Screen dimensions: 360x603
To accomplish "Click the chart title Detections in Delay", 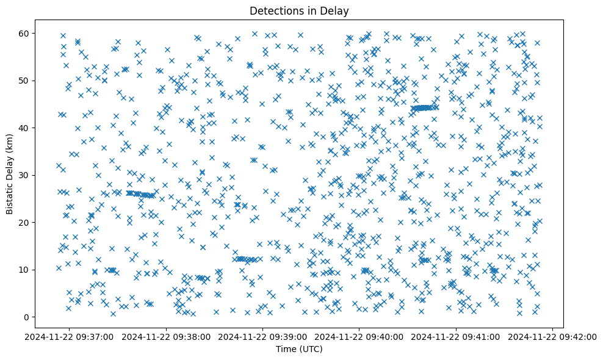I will pos(299,10).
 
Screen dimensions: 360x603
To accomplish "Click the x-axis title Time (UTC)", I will pos(299,349).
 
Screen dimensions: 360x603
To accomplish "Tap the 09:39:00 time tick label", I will pos(263,336).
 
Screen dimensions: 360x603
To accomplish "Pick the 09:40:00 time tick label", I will pos(360,336).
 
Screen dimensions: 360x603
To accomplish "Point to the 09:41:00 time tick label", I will pos(457,336).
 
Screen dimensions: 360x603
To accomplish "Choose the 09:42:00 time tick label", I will pos(553,336).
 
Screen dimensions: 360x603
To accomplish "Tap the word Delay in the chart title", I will pos(334,10).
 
